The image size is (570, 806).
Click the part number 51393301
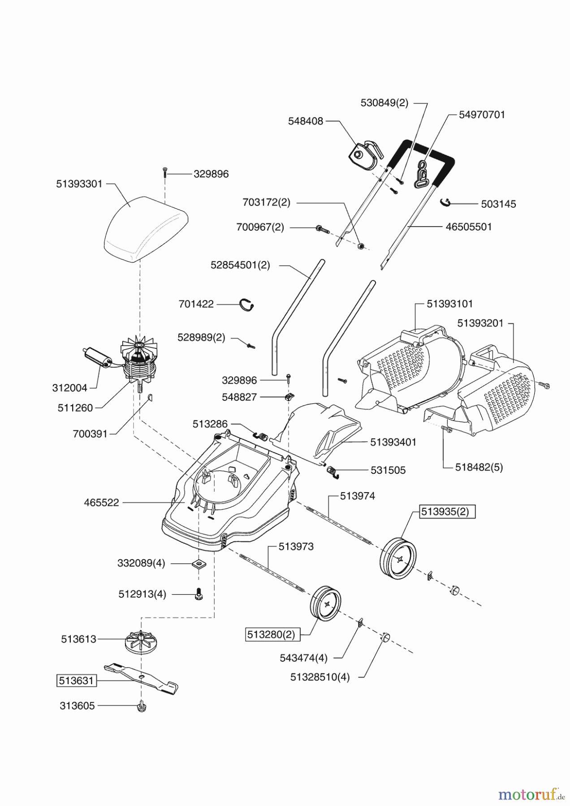[x=79, y=184]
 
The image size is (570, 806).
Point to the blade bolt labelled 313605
[x=142, y=706]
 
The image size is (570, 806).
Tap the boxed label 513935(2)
[x=447, y=511]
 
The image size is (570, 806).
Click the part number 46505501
[x=469, y=227]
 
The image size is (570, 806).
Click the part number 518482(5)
[x=479, y=467]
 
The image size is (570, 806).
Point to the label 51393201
[x=480, y=323]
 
